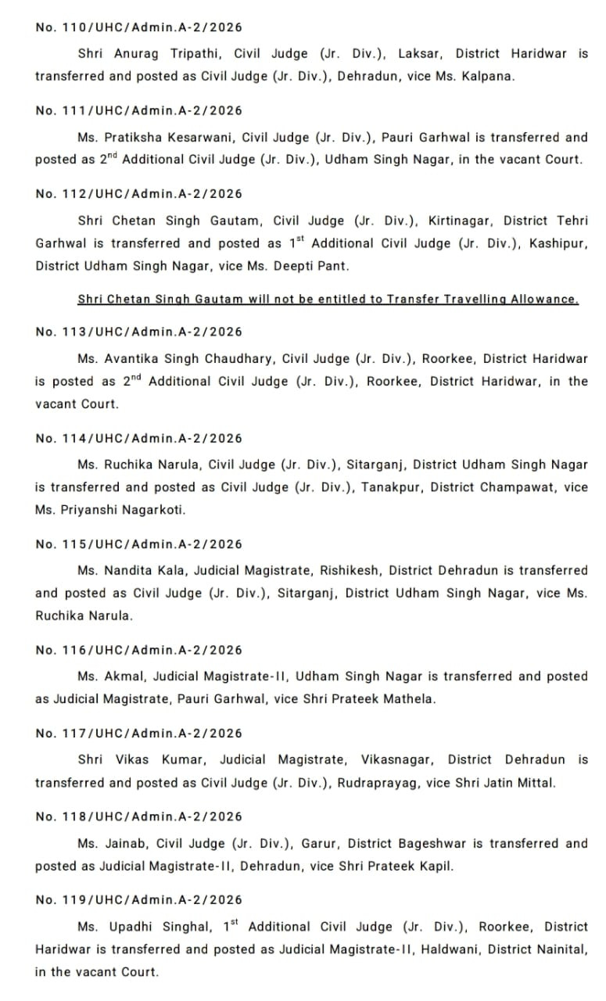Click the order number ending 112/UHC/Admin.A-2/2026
tap(138, 194)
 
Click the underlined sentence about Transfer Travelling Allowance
tap(328, 300)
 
